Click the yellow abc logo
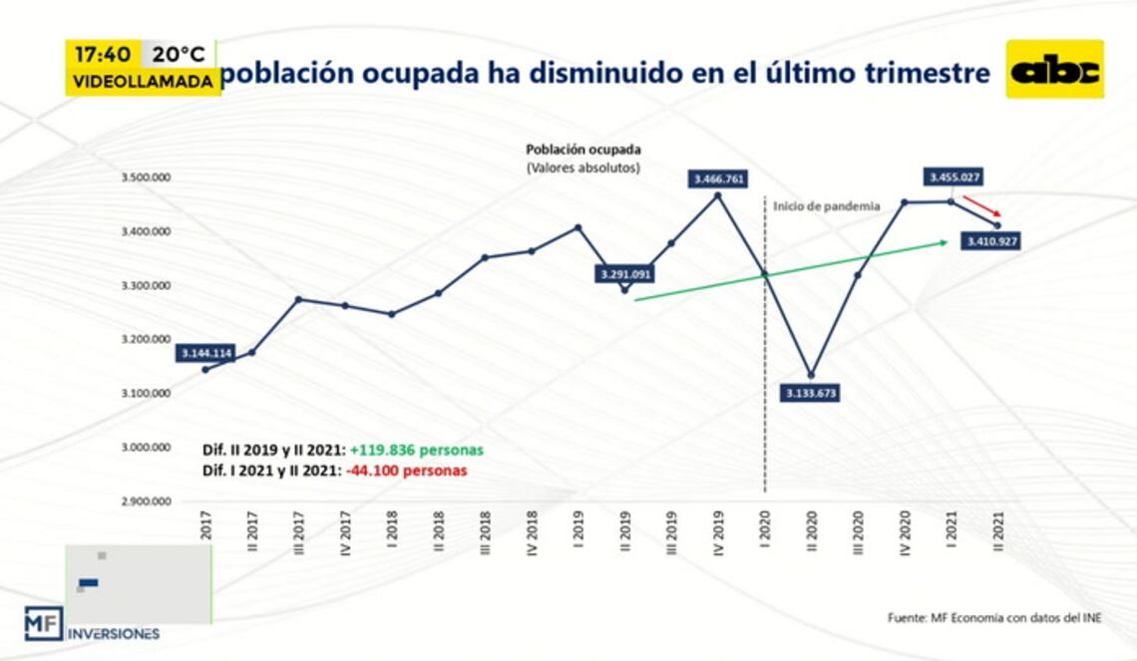(x=1054, y=69)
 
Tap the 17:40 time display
(x=104, y=54)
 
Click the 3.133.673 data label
(x=810, y=393)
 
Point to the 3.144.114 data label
(x=206, y=353)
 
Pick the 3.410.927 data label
(x=990, y=240)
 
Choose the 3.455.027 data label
(x=954, y=177)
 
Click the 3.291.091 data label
(x=625, y=273)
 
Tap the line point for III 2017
(x=298, y=299)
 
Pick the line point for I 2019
(x=578, y=227)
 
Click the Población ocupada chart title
(x=583, y=150)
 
